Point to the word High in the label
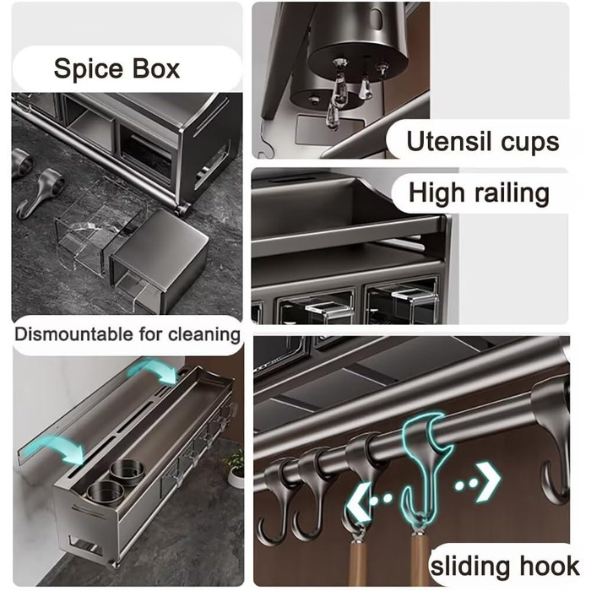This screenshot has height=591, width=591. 436,194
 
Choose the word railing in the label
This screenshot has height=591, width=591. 512,194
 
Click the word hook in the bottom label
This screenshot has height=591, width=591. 550,566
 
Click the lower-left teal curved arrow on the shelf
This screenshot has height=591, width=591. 60,449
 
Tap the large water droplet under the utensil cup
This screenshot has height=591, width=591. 338,91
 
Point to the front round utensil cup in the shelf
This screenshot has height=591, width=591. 106,493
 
